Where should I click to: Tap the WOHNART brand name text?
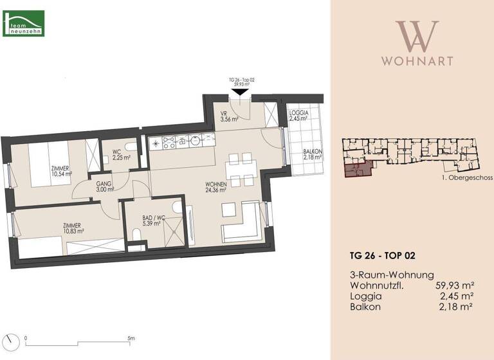click(417, 61)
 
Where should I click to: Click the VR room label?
click(224, 113)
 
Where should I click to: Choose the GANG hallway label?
click(104, 183)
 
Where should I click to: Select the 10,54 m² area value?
click(61, 174)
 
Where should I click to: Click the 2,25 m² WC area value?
click(121, 157)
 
